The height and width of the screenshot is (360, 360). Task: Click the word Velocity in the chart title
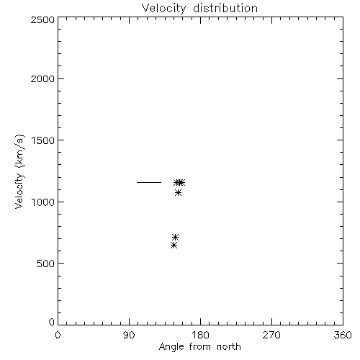click(164, 9)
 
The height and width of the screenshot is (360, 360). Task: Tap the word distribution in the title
click(225, 8)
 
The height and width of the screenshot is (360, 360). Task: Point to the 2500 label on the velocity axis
click(42, 19)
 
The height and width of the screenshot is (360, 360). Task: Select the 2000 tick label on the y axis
click(42, 78)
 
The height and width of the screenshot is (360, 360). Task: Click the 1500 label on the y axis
click(43, 140)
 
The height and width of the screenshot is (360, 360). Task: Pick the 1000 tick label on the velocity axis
click(43, 202)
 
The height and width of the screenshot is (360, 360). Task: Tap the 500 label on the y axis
click(46, 264)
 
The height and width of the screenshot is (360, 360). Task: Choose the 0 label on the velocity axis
click(52, 322)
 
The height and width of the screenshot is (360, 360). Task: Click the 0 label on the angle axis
click(58, 335)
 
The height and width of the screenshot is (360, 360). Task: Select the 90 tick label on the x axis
click(129, 335)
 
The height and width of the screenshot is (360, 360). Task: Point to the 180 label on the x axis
click(200, 335)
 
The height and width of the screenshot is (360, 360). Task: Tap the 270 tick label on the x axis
click(271, 335)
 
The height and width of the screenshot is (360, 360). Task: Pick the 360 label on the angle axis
click(343, 335)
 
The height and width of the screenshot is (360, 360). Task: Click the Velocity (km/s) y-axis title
click(19, 171)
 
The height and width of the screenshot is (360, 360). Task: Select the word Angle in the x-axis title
click(171, 347)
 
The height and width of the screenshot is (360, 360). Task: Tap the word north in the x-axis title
click(229, 346)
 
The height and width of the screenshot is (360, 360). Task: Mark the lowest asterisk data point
click(174, 246)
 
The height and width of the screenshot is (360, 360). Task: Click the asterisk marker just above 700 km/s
click(176, 238)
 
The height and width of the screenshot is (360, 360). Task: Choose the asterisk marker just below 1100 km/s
click(178, 192)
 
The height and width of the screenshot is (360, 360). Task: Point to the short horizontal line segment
click(149, 182)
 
